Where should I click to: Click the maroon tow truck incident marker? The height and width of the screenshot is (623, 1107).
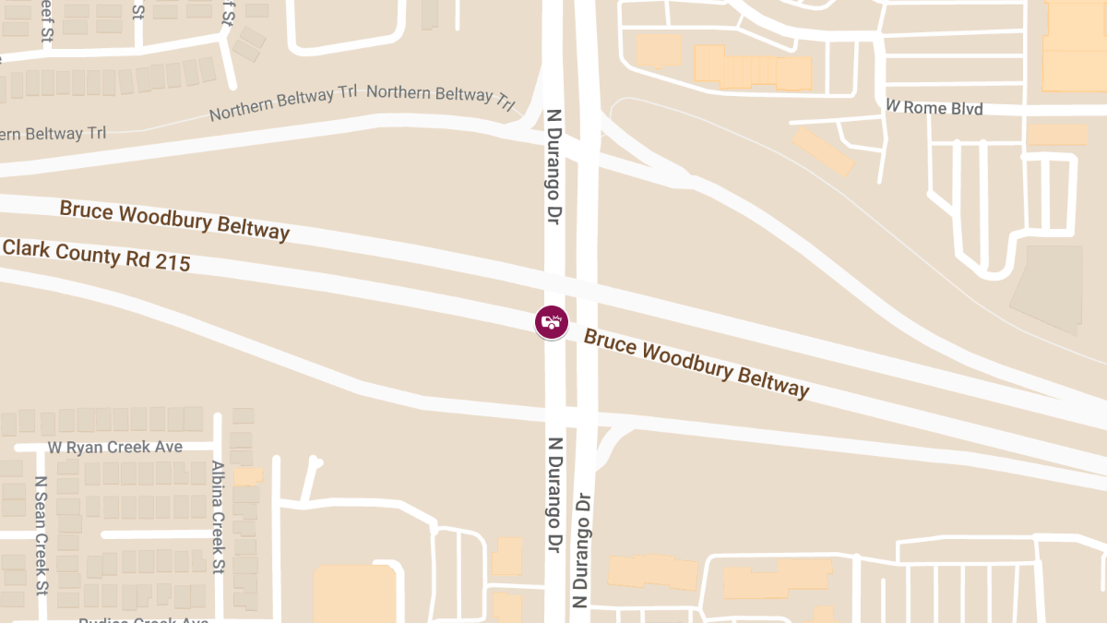(552, 322)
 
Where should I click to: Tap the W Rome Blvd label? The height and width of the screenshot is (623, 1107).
(934, 108)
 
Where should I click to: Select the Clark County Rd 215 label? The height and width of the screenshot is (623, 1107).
(96, 255)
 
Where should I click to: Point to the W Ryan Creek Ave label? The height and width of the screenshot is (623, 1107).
(115, 448)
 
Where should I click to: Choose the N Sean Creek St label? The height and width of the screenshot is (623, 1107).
(41, 535)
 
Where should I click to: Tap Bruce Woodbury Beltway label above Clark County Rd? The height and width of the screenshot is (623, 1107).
(174, 220)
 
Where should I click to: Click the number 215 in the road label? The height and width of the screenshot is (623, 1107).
(172, 263)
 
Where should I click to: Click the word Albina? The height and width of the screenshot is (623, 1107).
(219, 485)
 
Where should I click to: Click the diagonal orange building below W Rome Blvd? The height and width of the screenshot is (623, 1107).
(823, 150)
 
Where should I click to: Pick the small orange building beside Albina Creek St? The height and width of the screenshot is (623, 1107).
(247, 476)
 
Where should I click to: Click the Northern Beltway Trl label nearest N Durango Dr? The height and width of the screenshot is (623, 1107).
(441, 96)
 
